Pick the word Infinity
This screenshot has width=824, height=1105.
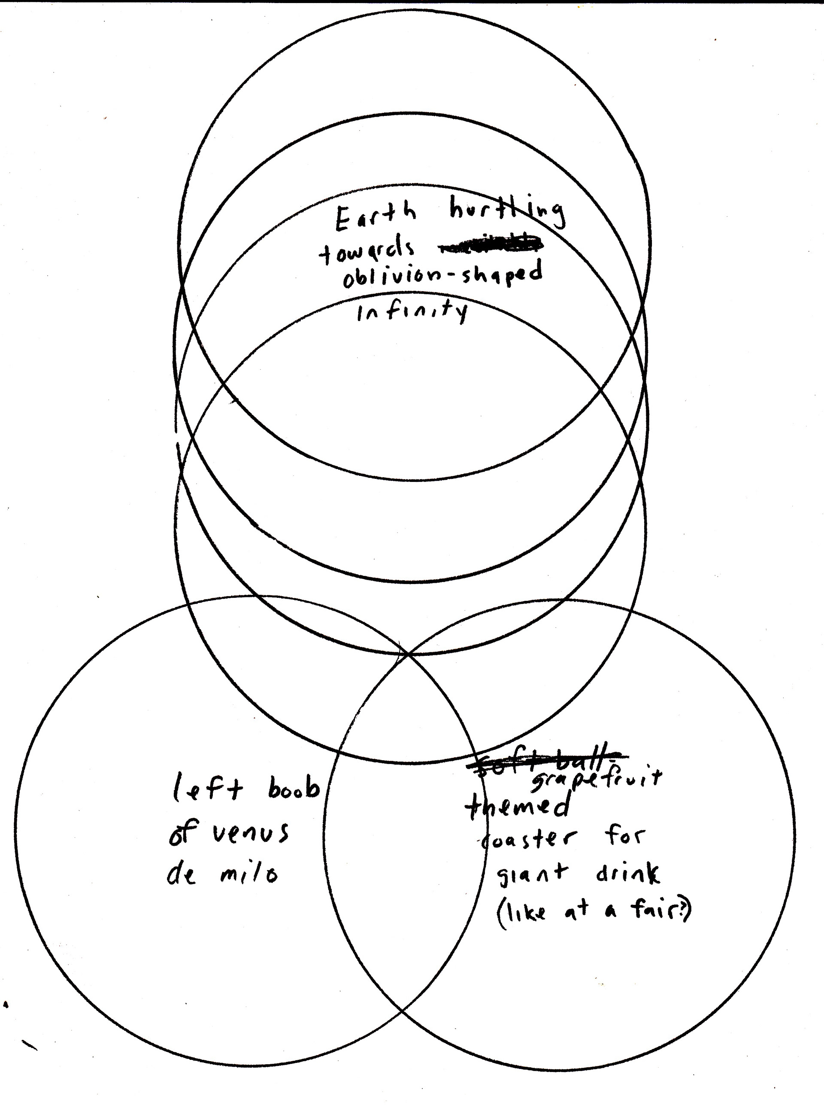pos(412,311)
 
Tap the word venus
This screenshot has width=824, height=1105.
pos(251,832)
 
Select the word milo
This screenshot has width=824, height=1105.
pos(248,874)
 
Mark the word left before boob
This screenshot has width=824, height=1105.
pos(208,790)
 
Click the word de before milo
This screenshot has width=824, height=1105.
pos(182,875)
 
